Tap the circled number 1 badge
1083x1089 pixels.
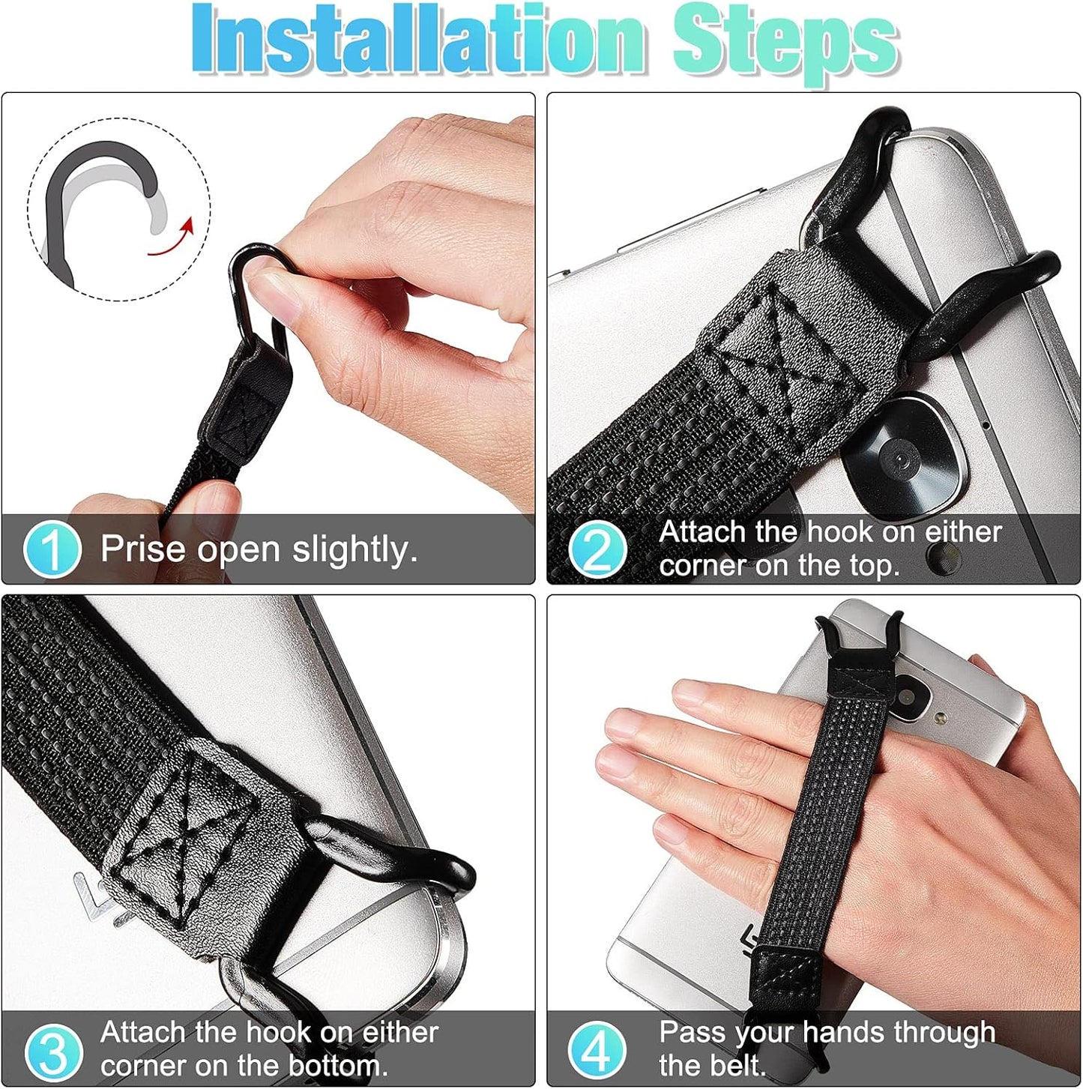(x=51, y=549)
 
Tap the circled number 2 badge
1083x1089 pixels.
(x=597, y=549)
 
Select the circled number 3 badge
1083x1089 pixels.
(x=51, y=1051)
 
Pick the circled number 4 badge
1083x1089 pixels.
(x=597, y=1051)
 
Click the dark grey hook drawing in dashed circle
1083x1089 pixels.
(x=75, y=195)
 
